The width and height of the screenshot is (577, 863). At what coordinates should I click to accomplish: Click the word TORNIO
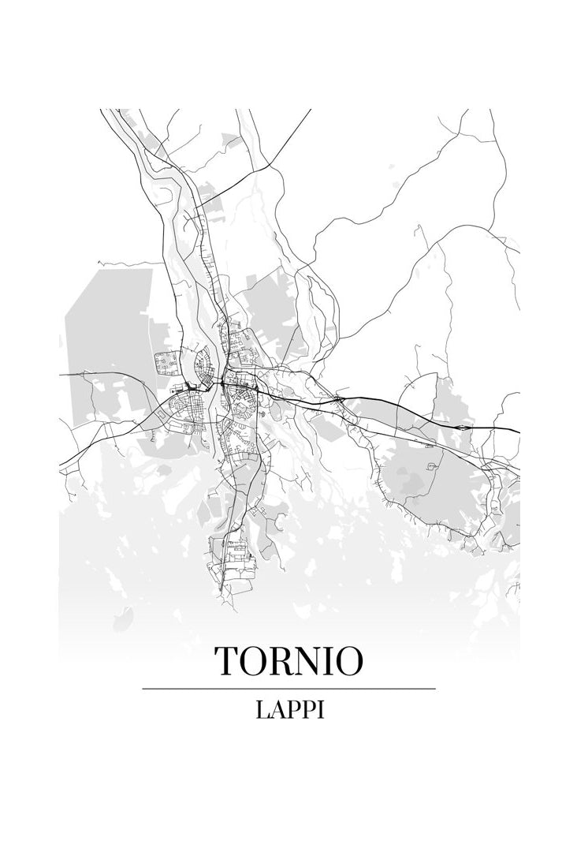(x=288, y=661)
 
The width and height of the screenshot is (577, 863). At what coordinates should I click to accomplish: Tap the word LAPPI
(x=289, y=709)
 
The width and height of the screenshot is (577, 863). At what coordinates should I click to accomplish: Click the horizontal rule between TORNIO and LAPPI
(x=288, y=689)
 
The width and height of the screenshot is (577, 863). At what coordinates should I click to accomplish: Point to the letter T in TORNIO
(x=226, y=661)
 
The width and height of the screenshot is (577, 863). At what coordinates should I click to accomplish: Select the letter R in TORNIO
(x=282, y=661)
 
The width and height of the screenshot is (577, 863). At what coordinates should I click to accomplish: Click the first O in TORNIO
(x=254, y=661)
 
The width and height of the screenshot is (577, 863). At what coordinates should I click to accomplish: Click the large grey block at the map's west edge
(x=110, y=316)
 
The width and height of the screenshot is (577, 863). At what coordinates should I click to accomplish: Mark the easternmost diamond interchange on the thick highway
(x=465, y=427)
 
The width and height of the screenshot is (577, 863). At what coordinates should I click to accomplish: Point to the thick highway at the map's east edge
(x=508, y=429)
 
